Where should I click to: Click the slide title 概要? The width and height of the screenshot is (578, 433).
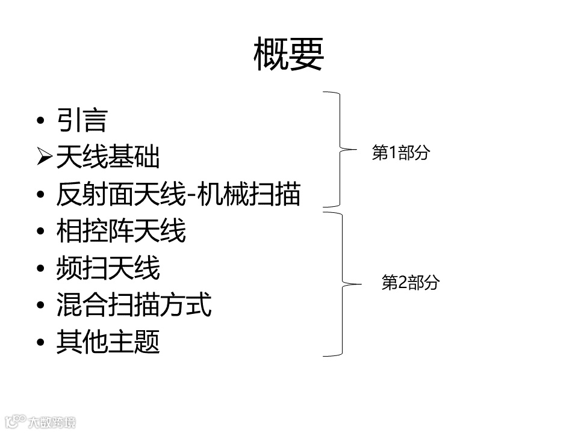(289, 55)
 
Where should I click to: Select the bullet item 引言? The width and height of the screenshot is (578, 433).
(81, 120)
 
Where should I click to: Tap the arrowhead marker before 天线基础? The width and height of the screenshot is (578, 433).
(44, 158)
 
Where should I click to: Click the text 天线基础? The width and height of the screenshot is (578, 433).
(108, 158)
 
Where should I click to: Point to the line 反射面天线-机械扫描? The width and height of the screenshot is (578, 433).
(178, 194)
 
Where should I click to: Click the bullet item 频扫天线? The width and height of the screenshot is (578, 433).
(108, 268)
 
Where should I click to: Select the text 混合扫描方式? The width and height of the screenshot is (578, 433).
(134, 305)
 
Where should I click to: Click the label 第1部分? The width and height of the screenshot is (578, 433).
(401, 153)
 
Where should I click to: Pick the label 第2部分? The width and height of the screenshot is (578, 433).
(411, 283)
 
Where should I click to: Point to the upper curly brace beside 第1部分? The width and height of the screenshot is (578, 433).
(341, 149)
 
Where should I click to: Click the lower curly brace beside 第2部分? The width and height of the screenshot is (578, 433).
(343, 283)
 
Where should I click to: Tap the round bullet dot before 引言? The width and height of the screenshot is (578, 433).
(41, 121)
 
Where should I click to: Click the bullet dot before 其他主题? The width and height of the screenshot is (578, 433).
(41, 343)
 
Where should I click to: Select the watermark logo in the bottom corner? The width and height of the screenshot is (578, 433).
(39, 422)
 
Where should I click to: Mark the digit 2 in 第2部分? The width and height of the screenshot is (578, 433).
(403, 283)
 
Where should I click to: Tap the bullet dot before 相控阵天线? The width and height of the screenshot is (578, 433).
(41, 232)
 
